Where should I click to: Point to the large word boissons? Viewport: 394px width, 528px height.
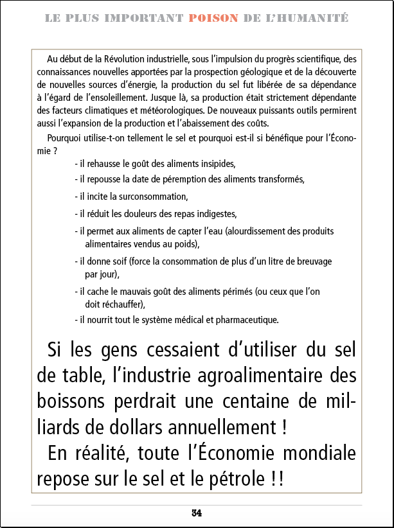coord(69,401)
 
